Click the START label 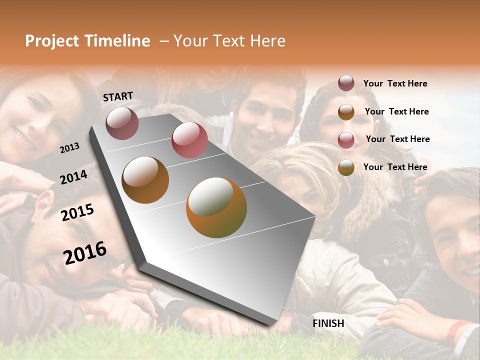click(x=118, y=96)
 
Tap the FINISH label click(x=328, y=323)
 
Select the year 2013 click(x=69, y=147)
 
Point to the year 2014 click(x=73, y=177)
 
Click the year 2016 click(x=85, y=252)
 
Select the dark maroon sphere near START click(x=122, y=123)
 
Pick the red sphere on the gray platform click(x=189, y=139)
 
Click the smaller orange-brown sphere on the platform click(x=145, y=179)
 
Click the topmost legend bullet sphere click(x=346, y=83)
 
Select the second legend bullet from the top click(x=346, y=112)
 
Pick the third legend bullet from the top click(x=346, y=140)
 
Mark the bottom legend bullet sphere click(x=346, y=167)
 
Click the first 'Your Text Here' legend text click(x=395, y=83)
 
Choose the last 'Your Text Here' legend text click(x=395, y=167)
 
